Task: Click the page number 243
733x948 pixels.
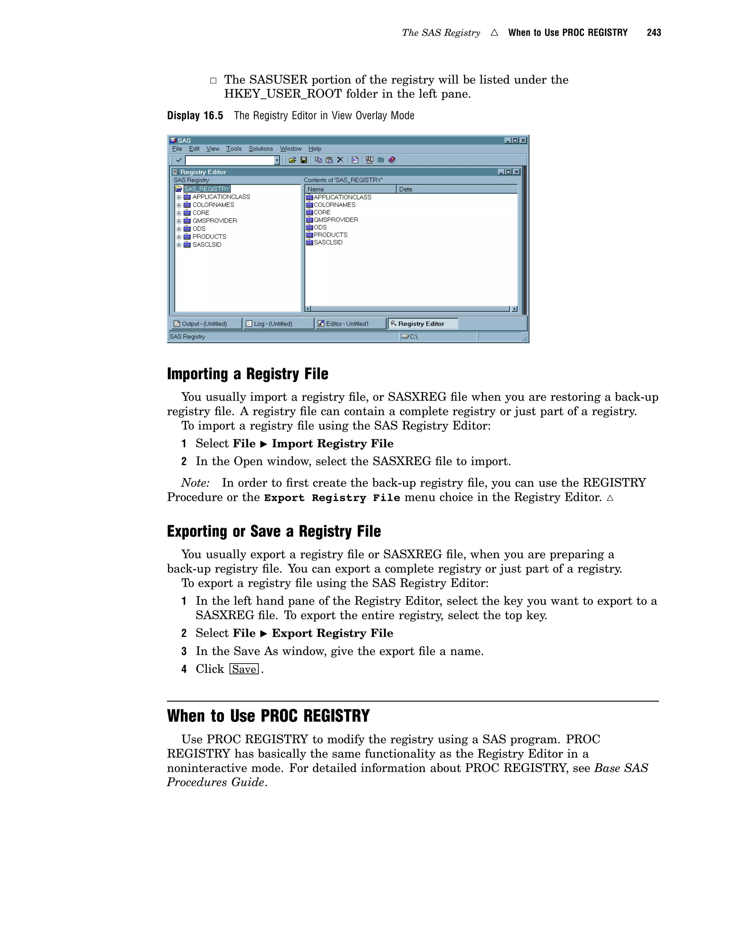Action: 654,33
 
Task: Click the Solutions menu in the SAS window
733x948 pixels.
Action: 261,149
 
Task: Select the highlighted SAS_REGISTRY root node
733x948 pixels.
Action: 207,189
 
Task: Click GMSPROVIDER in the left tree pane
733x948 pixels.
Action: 214,220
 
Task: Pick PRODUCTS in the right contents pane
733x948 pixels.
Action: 330,235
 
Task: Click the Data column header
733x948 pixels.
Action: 406,189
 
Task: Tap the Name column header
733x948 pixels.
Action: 316,189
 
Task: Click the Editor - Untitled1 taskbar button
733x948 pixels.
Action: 347,324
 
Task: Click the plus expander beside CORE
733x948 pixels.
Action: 179,213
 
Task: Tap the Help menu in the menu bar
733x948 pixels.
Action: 315,149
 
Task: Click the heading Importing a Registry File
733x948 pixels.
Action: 248,374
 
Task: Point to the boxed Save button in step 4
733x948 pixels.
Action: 244,669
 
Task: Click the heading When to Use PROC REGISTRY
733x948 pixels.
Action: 268,716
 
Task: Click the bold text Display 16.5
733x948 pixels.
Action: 195,116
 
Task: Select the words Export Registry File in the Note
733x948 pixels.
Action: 332,498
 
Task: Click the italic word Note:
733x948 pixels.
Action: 195,483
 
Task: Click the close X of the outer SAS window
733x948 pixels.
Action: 523,140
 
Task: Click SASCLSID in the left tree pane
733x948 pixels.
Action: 207,245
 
